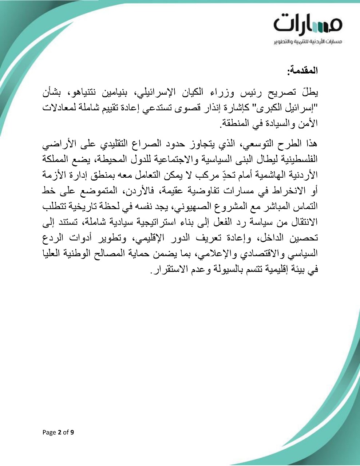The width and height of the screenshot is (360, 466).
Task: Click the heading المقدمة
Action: (302, 70)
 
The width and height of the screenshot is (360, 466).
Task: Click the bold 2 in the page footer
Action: (59, 433)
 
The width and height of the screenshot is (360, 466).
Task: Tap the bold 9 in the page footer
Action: (72, 433)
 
